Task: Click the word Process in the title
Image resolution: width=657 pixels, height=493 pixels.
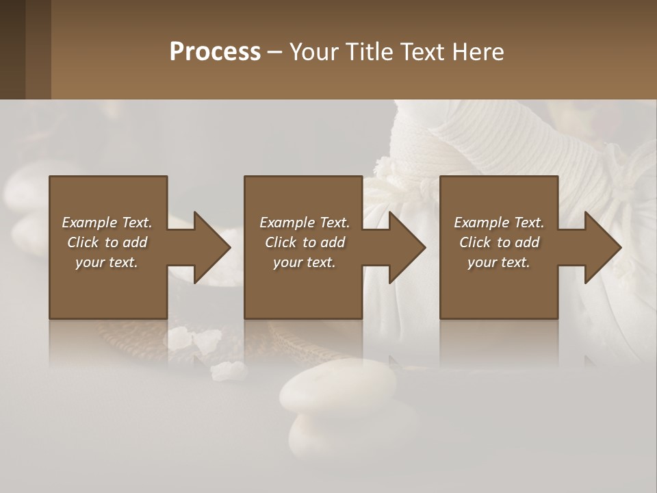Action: (x=215, y=52)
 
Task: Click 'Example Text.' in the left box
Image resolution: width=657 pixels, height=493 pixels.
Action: (x=107, y=223)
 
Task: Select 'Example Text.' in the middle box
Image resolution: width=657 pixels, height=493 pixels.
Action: (x=305, y=223)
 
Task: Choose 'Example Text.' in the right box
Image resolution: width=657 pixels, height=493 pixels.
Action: (x=499, y=223)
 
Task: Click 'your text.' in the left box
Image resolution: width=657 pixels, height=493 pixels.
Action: (x=107, y=262)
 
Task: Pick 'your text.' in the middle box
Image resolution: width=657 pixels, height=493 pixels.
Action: (x=305, y=262)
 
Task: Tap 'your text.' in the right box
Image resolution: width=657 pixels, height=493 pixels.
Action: (x=499, y=262)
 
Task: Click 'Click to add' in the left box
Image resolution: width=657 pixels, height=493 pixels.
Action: (x=107, y=242)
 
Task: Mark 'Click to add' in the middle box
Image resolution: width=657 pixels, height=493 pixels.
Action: (x=305, y=242)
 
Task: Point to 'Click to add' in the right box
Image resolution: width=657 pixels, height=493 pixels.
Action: (x=499, y=242)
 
